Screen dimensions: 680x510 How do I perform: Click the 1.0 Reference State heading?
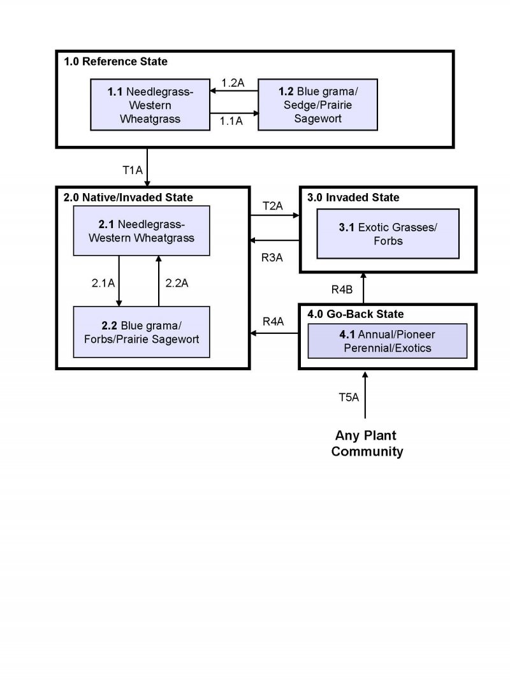pyautogui.click(x=115, y=62)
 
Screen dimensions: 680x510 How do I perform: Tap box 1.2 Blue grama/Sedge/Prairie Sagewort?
pyautogui.click(x=317, y=105)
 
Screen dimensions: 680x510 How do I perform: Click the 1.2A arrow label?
pyautogui.click(x=233, y=83)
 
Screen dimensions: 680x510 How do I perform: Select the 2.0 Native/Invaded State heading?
pyautogui.click(x=128, y=198)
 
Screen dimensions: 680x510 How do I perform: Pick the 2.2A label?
pyautogui.click(x=177, y=283)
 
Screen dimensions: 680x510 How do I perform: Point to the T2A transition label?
pyautogui.click(x=273, y=206)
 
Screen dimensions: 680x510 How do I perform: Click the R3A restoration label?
pyautogui.click(x=273, y=257)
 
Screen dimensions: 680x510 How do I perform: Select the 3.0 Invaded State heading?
pyautogui.click(x=353, y=198)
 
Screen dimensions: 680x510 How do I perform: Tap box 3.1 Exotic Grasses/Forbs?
pyautogui.click(x=388, y=234)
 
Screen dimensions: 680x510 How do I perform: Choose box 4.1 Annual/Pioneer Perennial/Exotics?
pyautogui.click(x=387, y=341)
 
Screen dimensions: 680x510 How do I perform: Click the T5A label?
pyautogui.click(x=349, y=397)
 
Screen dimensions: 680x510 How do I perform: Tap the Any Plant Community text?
pyautogui.click(x=367, y=444)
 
